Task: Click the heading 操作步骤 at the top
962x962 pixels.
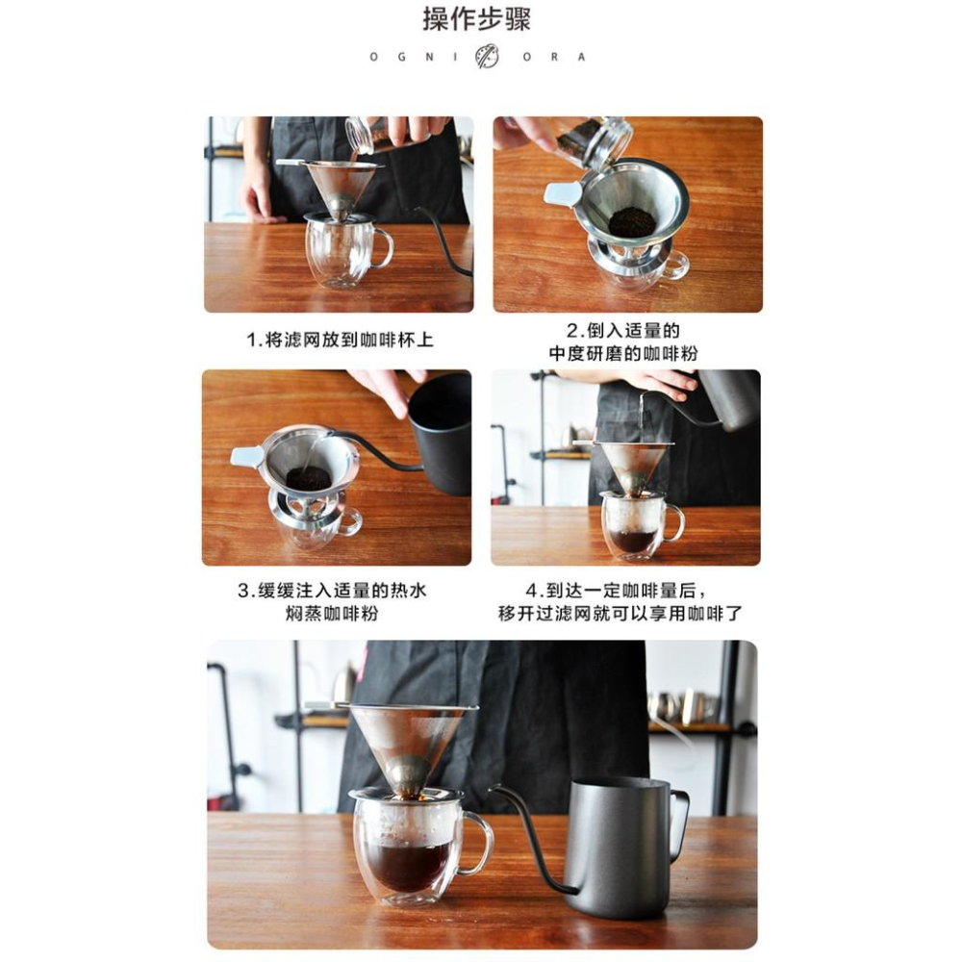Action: coord(476,19)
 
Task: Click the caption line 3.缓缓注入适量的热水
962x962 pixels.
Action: coord(332,591)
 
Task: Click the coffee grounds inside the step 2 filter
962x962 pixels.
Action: coord(632,223)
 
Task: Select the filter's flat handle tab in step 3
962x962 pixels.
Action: coord(247,457)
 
